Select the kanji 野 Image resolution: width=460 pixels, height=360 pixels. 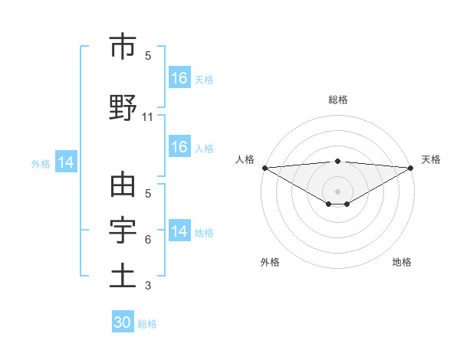click(123, 107)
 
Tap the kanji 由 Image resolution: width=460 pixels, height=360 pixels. click(123, 186)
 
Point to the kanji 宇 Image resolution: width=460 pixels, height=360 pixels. click(123, 230)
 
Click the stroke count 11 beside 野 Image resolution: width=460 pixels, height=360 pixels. click(148, 117)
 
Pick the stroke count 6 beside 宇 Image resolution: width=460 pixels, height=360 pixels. click(148, 240)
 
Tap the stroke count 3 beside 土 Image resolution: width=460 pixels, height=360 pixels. click(148, 286)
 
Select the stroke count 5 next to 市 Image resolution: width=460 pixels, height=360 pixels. click(148, 55)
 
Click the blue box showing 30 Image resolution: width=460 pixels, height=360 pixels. click(123, 322)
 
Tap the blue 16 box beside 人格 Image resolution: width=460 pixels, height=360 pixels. click(179, 147)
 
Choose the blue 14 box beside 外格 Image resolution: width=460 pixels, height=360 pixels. click(65, 162)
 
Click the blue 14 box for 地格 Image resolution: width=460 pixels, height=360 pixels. click(179, 231)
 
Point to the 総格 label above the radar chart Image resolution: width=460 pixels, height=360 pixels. click(337, 100)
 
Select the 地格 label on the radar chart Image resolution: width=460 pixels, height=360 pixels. click(402, 263)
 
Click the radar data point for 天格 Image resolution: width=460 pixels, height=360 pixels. click(411, 167)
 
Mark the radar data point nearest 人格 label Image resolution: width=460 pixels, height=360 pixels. click(264, 167)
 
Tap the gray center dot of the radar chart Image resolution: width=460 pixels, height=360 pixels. click(337, 190)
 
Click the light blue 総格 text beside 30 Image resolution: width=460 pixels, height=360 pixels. click(147, 324)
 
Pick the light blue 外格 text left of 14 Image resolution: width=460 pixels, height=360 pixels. click(40, 163)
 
